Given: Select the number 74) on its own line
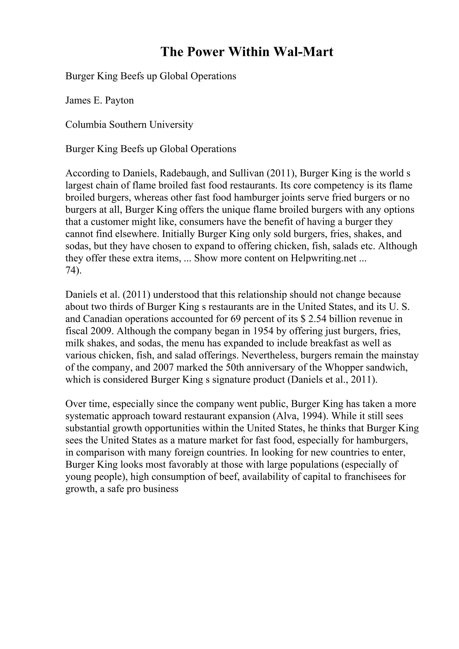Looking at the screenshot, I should tap(73, 270).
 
